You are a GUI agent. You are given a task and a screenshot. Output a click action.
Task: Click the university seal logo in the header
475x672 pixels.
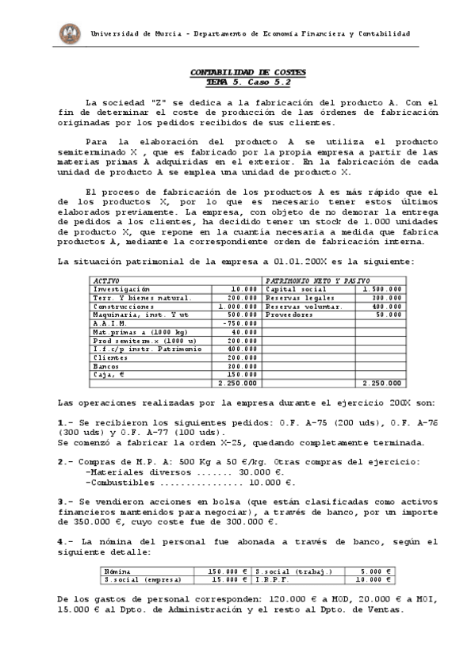[70, 33]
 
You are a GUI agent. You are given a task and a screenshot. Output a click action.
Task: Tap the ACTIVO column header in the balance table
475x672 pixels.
[106, 281]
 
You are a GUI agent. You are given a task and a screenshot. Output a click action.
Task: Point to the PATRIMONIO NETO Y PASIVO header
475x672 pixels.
[312, 281]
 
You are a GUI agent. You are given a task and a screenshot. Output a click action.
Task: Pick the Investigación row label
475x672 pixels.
[123, 289]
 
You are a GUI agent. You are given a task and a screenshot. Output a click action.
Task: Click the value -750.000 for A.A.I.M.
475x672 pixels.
[240, 323]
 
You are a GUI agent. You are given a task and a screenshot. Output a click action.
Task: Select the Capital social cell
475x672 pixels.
[292, 289]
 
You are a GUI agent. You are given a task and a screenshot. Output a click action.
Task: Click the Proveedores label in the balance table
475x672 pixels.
[291, 315]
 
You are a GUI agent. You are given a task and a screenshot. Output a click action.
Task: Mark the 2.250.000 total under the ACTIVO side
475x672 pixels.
[238, 383]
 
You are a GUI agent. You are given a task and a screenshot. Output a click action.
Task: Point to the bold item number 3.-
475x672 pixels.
[66, 501]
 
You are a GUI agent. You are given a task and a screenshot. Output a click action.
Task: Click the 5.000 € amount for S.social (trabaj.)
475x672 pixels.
[379, 571]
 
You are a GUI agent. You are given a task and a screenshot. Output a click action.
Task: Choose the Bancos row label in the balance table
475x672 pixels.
[106, 366]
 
